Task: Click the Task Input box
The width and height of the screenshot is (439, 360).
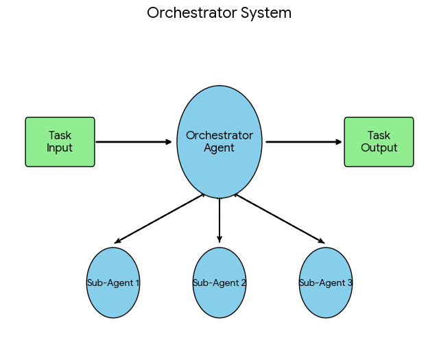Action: coord(60,142)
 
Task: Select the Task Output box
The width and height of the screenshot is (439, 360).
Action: coord(379,142)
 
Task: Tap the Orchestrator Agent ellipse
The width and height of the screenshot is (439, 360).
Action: coord(219,165)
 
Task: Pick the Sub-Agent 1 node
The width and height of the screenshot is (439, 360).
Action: coord(113,298)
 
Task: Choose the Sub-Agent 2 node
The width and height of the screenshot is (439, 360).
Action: coord(219,298)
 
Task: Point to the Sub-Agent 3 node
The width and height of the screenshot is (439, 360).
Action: coord(326,298)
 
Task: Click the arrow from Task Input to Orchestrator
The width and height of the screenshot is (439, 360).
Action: coord(134,142)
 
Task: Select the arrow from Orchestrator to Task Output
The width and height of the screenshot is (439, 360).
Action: coord(303,142)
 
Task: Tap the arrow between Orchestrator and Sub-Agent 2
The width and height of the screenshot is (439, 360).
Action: coord(219,219)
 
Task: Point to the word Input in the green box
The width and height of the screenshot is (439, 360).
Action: coord(60,148)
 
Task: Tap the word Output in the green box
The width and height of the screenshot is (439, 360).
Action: coord(379,148)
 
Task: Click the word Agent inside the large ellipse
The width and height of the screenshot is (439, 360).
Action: coord(219,148)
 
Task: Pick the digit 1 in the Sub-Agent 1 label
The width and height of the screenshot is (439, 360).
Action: coord(137,283)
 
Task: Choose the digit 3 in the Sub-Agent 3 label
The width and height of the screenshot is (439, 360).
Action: coord(350,283)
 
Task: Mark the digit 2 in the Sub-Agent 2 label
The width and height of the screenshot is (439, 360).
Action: coord(244,283)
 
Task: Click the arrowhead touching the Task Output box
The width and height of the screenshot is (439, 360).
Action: coord(339,142)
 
